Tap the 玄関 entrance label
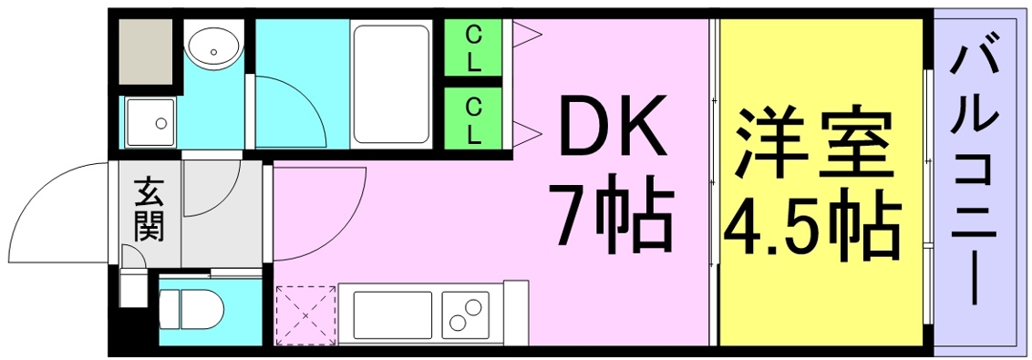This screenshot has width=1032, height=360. tap(149, 212)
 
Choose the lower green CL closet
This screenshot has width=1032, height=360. tap(473, 120)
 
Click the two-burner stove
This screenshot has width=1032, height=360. tap(467, 314)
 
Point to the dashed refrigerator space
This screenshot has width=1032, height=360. tap(304, 314)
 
